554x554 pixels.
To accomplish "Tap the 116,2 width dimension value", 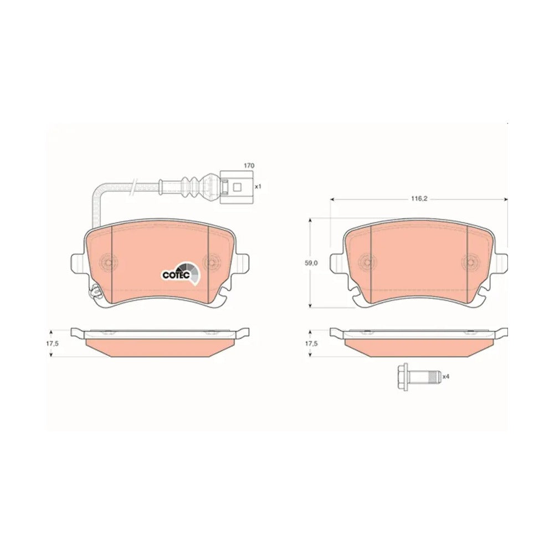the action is click(x=419, y=199).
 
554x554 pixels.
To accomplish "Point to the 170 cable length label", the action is click(x=249, y=165).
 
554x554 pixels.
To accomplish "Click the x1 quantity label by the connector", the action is click(x=258, y=186).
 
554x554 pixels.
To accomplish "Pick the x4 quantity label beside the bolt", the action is click(x=445, y=377).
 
